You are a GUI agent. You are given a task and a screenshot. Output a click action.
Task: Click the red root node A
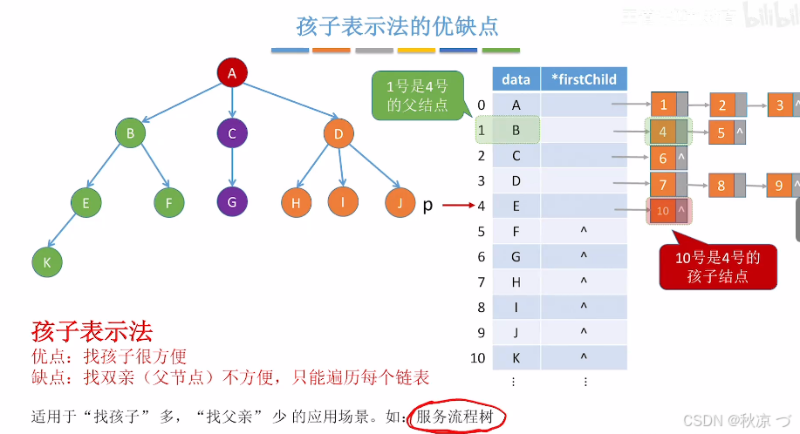(x=232, y=74)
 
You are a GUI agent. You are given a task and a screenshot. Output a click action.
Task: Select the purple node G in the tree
(x=232, y=201)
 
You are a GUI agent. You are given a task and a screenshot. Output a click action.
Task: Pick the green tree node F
(x=168, y=203)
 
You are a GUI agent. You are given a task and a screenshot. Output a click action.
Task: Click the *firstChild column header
(x=584, y=79)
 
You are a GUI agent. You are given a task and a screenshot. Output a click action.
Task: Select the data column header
(x=516, y=79)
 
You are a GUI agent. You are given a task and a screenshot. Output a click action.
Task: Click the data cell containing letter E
(x=516, y=207)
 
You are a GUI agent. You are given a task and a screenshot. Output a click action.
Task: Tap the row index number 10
(x=477, y=357)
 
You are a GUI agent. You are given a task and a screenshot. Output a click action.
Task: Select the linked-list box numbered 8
(x=721, y=185)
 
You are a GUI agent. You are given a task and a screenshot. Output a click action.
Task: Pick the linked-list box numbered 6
(x=663, y=159)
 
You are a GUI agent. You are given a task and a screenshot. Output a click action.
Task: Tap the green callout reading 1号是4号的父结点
(x=417, y=96)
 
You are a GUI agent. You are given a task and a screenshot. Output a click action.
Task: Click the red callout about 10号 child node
(x=718, y=267)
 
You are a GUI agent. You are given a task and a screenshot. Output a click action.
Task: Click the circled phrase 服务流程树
(x=455, y=417)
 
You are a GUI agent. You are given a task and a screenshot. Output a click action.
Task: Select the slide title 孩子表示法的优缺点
(x=398, y=25)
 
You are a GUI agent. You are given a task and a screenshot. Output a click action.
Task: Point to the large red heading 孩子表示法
(x=92, y=331)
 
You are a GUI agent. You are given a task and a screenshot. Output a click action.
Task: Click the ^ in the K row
(x=584, y=357)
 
